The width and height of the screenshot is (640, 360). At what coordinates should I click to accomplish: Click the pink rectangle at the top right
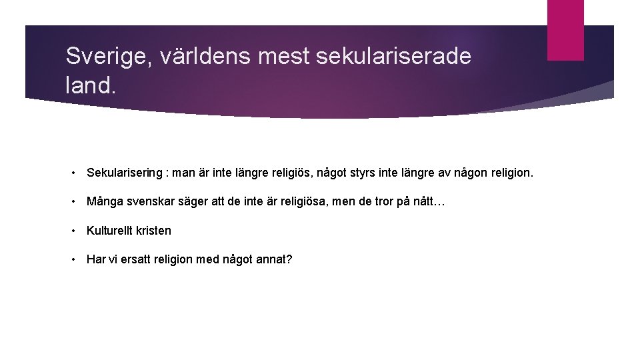pos(565,29)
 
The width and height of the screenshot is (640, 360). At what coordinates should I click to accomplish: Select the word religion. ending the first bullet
pos(510,173)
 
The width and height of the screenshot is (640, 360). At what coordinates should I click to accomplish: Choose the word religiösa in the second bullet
pos(286,202)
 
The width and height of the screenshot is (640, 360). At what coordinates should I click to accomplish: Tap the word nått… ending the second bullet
pos(429,202)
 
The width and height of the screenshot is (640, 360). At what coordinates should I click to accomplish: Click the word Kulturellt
pos(109,231)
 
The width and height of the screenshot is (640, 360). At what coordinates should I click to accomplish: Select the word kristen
pos(153,231)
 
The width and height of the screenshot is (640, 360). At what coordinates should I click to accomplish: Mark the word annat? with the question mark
pos(274,259)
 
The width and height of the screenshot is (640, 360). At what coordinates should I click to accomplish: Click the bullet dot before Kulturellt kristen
pos(76,231)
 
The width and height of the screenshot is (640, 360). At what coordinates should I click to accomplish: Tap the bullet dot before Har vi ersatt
pos(76,259)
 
